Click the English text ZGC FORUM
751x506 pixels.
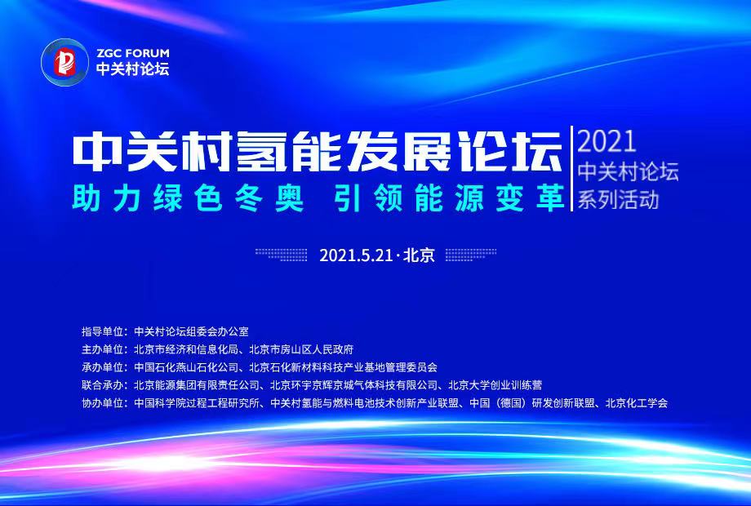pos(133,53)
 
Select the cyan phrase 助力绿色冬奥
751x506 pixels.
pos(189,198)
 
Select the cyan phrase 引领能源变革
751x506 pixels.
pos(449,198)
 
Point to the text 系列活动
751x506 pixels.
pos(618,199)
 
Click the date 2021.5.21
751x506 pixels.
pos(356,255)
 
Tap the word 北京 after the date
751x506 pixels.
pos(419,255)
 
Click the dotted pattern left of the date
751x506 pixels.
pos(281,254)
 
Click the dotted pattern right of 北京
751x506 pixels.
pos(471,254)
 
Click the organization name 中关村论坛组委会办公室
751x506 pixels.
pos(191,331)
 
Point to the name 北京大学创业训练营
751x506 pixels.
pos(495,385)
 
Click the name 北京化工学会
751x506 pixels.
pos(637,403)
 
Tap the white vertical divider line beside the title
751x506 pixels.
pos(571,168)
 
